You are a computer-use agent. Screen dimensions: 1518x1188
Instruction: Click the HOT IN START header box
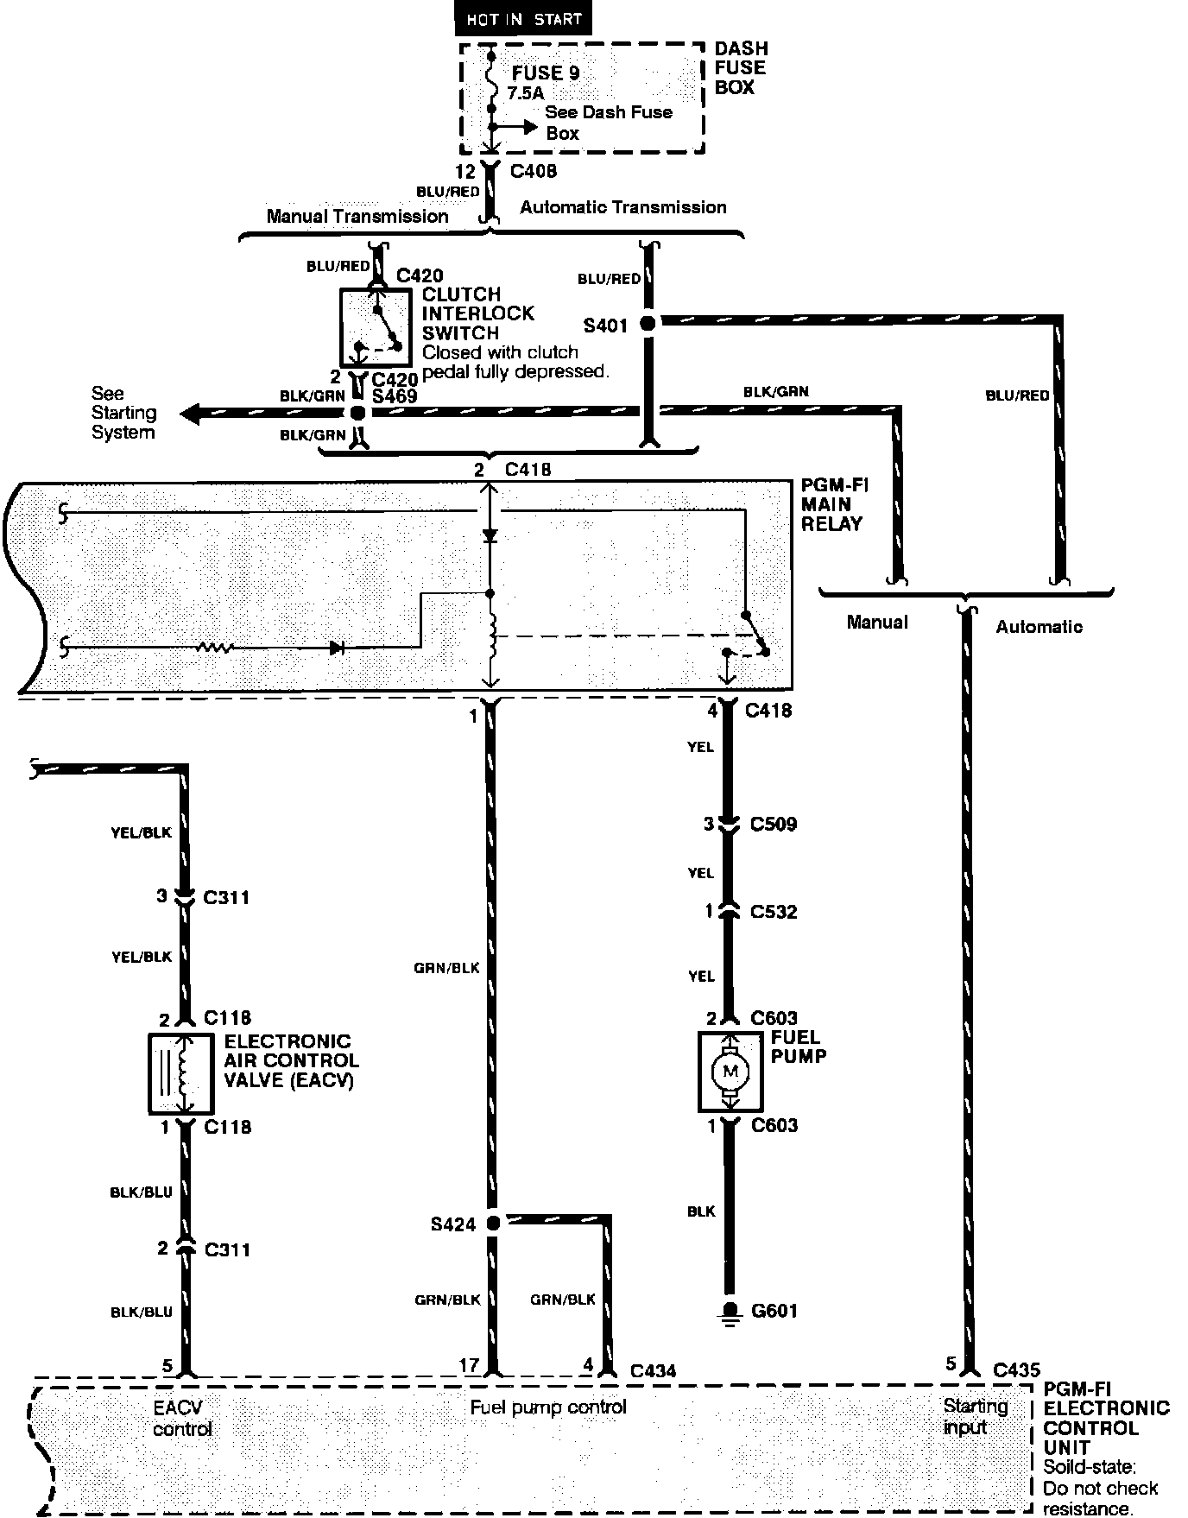523,19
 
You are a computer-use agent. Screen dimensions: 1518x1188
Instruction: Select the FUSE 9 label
545,73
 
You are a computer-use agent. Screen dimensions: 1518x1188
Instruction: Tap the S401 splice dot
647,324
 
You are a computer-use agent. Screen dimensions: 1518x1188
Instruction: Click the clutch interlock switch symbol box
376,328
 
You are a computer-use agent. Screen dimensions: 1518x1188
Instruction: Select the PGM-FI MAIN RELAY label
833,504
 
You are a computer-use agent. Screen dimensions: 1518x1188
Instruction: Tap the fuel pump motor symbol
730,1072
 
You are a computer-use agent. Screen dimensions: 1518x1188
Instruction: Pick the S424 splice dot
493,1223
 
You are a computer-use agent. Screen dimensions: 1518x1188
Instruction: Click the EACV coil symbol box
180,1073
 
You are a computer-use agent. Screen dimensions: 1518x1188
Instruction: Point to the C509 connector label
773,824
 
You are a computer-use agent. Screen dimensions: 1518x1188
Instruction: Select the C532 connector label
774,912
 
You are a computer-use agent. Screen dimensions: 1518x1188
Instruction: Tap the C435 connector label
1016,1369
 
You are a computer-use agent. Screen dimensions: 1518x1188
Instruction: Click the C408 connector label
533,171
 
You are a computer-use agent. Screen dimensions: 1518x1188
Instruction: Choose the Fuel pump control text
548,1407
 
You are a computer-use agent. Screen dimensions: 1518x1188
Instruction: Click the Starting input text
975,1417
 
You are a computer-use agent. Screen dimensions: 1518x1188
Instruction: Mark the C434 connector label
653,1370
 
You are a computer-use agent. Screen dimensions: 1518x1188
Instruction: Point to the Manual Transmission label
357,216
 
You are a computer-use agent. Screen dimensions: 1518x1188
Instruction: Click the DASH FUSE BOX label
740,68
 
